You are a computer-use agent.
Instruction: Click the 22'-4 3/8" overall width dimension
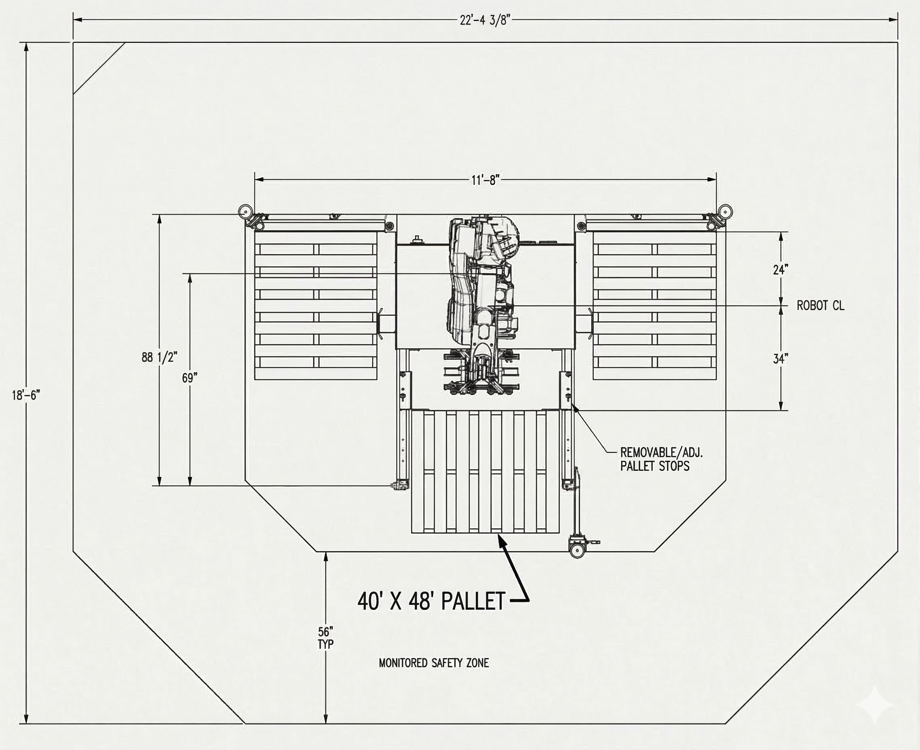pyautogui.click(x=485, y=20)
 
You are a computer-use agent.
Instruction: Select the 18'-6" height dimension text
pyautogui.click(x=26, y=395)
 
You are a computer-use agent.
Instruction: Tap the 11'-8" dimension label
pyautogui.click(x=485, y=180)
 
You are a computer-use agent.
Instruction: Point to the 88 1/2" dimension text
pyautogui.click(x=159, y=357)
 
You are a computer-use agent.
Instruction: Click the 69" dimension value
pyautogui.click(x=189, y=378)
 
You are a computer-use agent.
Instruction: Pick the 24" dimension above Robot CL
pyautogui.click(x=780, y=270)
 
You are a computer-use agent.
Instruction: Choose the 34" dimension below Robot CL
pyautogui.click(x=780, y=358)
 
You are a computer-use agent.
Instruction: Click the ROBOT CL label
pyautogui.click(x=820, y=305)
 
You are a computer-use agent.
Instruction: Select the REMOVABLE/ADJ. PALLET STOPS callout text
pyautogui.click(x=661, y=459)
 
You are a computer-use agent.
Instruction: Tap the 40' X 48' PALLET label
pyautogui.click(x=431, y=601)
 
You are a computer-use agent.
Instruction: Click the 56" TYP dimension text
pyautogui.click(x=326, y=638)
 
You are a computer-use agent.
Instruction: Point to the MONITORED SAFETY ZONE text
pyautogui.click(x=433, y=663)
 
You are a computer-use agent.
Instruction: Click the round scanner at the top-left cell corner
pyautogui.click(x=245, y=211)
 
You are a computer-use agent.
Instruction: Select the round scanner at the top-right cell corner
pyautogui.click(x=726, y=211)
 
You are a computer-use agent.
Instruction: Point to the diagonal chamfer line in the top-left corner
pyautogui.click(x=99, y=68)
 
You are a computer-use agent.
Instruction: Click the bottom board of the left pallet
pyautogui.click(x=315, y=374)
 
